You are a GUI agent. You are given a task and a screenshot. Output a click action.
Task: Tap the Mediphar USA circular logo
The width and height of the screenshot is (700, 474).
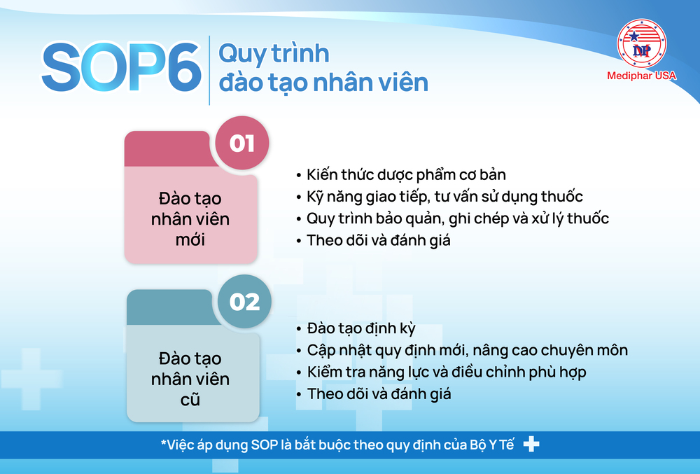point(641,43)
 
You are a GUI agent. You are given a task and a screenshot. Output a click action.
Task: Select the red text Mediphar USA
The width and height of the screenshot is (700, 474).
point(641,76)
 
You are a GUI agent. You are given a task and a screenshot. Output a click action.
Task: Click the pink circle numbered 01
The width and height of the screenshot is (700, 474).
point(242,144)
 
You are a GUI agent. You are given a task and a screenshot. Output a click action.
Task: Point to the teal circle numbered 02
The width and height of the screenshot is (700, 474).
point(244,302)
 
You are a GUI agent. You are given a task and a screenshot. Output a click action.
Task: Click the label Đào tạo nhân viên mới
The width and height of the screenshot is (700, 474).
point(190,218)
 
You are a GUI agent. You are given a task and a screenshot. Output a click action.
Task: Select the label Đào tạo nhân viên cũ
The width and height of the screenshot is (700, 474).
point(190,379)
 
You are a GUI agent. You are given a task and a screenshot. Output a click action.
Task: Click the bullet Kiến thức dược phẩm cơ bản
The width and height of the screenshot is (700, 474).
point(406,174)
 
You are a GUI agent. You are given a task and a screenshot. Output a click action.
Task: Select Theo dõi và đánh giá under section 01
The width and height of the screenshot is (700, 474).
point(379,239)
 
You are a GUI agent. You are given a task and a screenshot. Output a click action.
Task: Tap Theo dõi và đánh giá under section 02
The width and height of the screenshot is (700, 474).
point(379,393)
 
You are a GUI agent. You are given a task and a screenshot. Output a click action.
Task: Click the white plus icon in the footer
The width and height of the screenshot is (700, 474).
point(531,445)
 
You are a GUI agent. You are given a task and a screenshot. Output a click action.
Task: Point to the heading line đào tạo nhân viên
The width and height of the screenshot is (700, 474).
point(323,82)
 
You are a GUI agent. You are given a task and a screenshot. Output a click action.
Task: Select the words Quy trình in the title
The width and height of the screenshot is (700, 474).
point(274,53)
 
